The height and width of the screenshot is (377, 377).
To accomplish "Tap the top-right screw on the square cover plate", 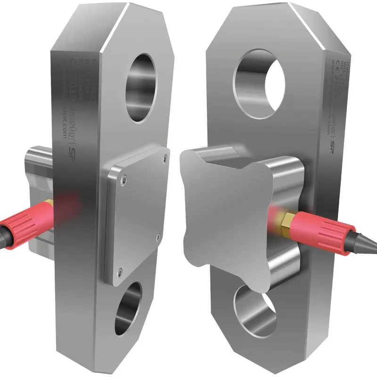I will [x=166, y=154].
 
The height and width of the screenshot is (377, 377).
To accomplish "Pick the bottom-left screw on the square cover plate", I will [x=120, y=270].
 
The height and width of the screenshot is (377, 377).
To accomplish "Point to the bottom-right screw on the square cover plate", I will [x=158, y=236].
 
